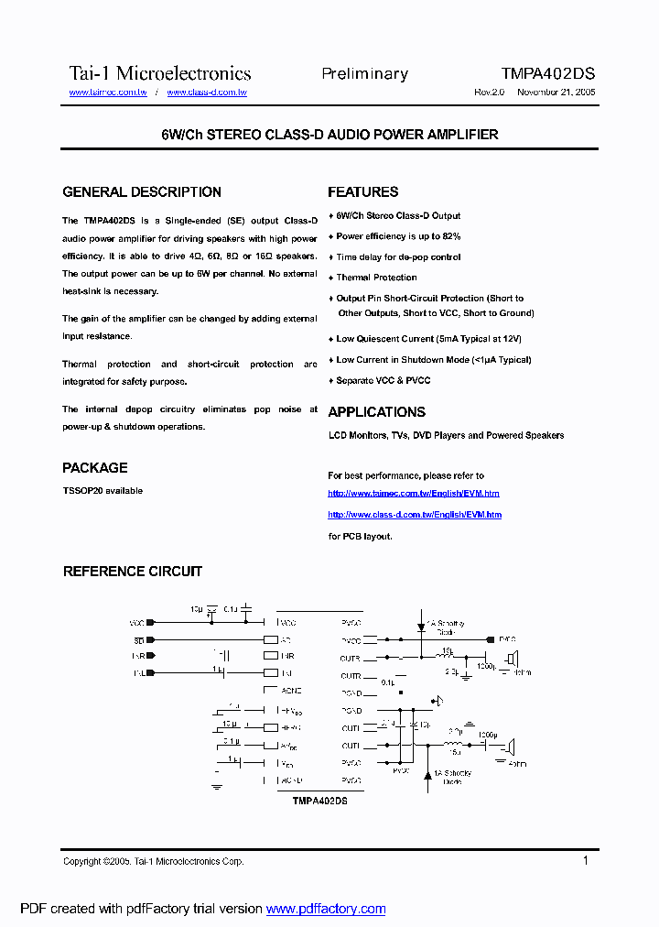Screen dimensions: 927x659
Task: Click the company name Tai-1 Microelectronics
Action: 160,73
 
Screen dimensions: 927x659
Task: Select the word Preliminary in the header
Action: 364,73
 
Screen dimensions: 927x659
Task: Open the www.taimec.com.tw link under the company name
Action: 108,93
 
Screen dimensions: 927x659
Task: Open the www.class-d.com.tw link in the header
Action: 207,93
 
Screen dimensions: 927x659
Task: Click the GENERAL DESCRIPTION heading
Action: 142,192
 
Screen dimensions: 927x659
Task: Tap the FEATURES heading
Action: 363,192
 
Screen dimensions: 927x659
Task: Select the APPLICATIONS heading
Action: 377,412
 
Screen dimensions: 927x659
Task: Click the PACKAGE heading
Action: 95,468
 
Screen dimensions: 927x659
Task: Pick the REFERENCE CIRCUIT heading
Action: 133,572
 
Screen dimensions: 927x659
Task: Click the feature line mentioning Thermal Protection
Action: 376,278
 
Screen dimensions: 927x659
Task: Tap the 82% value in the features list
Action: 451,236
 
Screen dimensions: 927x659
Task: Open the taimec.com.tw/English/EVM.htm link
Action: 414,494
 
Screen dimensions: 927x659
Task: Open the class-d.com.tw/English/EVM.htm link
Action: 415,515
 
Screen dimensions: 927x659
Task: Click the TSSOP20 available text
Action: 103,491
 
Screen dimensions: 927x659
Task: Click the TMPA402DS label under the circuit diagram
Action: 320,800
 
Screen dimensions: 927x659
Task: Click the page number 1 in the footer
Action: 586,860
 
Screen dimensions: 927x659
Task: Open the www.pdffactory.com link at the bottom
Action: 326,909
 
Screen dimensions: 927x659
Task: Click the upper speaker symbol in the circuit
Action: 514,658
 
